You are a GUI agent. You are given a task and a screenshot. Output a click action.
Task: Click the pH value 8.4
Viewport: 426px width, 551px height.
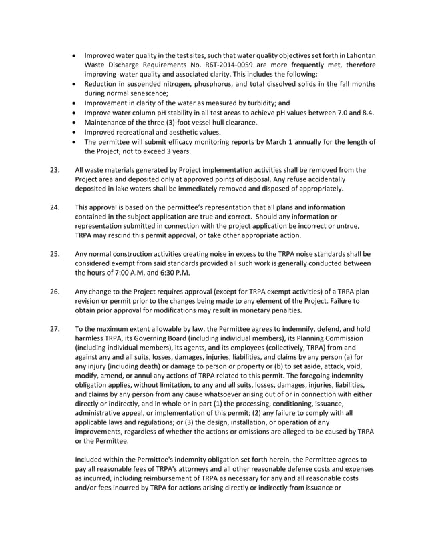[x=367, y=113]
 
